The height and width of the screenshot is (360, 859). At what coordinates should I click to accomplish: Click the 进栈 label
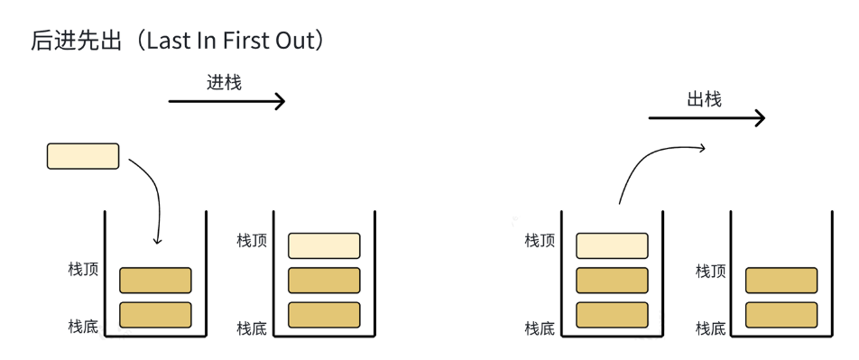coord(224,82)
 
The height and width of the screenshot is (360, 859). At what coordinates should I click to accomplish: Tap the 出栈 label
coord(704,99)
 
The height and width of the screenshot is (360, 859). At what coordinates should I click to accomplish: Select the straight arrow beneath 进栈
coord(226,101)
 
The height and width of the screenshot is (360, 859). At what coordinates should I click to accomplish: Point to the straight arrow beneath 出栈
coord(707,118)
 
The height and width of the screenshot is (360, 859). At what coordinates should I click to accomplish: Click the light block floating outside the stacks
coord(83,155)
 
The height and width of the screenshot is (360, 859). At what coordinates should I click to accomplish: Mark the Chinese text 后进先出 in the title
coord(76,42)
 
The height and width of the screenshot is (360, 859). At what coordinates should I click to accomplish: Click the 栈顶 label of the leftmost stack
coord(83,269)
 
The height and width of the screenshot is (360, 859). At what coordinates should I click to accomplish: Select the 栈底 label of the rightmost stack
coord(711,328)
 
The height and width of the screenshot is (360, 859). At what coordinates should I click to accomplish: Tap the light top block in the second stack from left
coord(324,245)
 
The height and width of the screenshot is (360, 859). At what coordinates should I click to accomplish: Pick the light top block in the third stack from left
coord(612,245)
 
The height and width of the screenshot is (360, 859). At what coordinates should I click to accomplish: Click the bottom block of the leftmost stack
coord(155,315)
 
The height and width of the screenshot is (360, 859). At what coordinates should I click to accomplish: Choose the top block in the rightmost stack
coord(781,281)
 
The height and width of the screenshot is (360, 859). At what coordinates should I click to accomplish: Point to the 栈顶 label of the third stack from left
coord(540,240)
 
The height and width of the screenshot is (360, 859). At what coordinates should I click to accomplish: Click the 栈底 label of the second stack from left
coord(252,328)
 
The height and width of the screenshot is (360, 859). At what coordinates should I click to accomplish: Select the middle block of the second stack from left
coord(324,281)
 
